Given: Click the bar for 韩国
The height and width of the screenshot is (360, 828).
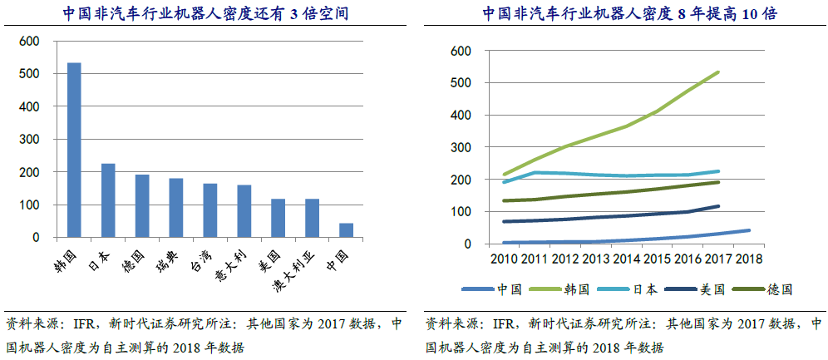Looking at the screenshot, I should pyautogui.click(x=74, y=150).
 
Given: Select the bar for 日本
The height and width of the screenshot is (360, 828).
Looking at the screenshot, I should pyautogui.click(x=108, y=200).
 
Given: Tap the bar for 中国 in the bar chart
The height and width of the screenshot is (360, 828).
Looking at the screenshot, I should pyautogui.click(x=347, y=230).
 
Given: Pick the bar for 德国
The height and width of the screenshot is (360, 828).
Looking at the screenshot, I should pyautogui.click(x=142, y=206).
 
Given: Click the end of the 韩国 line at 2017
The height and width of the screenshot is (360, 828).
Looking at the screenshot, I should pyautogui.click(x=718, y=72).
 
